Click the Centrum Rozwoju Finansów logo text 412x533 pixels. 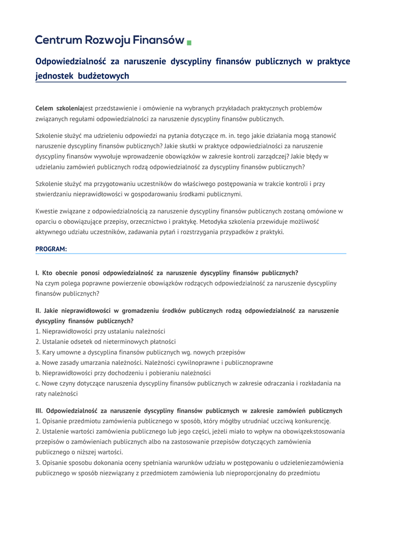tap(110, 40)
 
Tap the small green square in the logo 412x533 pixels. tap(189, 42)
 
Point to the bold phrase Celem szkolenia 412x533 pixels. tap(59, 108)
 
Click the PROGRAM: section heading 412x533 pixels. tap(51, 249)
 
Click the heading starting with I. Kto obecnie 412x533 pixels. tap(167, 273)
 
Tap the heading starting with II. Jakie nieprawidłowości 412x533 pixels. tap(187, 311)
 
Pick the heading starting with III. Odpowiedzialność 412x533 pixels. tap(189, 411)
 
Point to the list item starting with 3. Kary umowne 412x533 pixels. tap(140, 352)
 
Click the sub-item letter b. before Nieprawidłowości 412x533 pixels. tap(38, 373)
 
